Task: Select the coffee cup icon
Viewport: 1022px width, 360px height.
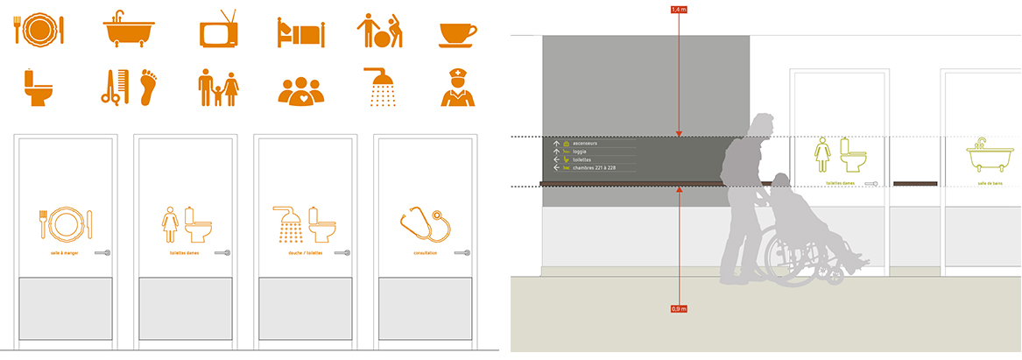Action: click(x=457, y=34)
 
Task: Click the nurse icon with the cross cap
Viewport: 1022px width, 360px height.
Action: click(x=457, y=88)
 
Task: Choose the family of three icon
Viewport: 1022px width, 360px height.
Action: click(x=218, y=88)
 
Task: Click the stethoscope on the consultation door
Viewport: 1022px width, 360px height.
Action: click(x=424, y=224)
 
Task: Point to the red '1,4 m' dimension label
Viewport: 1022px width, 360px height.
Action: click(x=679, y=9)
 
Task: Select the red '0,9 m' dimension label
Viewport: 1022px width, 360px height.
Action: click(x=679, y=308)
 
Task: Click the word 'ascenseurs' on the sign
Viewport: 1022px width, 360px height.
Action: click(x=586, y=144)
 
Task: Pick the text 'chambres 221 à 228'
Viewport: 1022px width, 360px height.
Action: click(x=600, y=167)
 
